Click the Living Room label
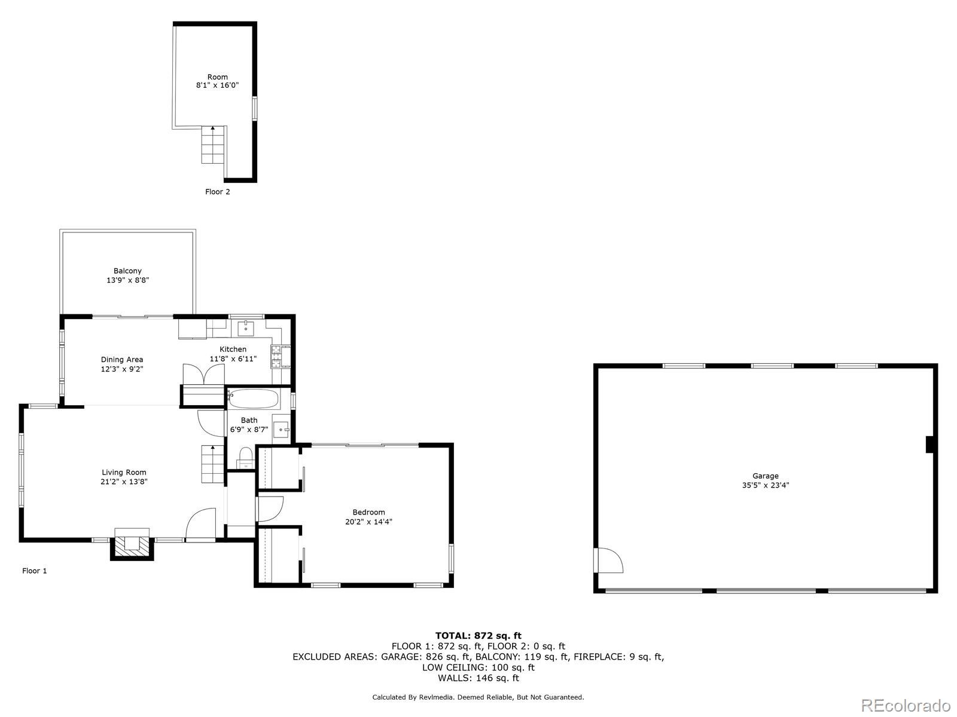[x=124, y=472]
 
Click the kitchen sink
[x=246, y=328]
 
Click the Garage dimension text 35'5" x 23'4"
[x=765, y=486]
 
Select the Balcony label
[x=127, y=271]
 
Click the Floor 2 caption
[x=217, y=192]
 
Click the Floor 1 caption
[x=34, y=571]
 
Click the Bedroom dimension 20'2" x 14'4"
[x=368, y=522]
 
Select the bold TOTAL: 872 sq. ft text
[x=478, y=636]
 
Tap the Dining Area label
[x=121, y=359]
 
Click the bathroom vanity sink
[x=281, y=429]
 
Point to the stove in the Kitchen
[x=279, y=357]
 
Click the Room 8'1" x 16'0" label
[x=217, y=81]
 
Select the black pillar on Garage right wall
[x=929, y=445]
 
